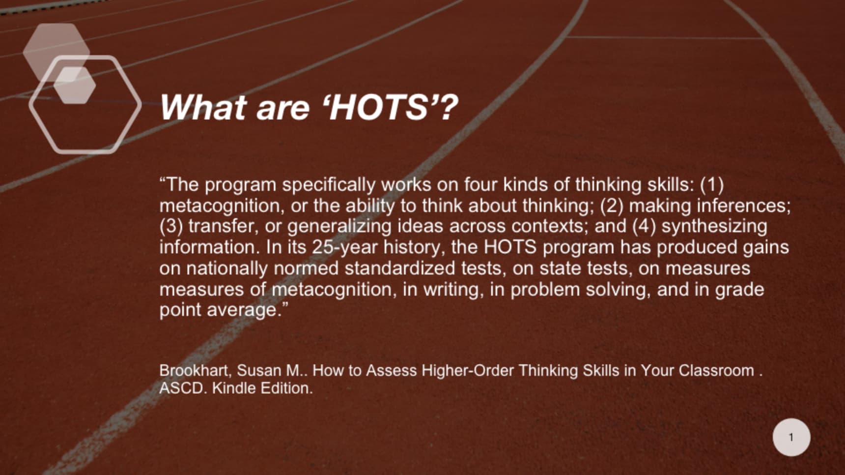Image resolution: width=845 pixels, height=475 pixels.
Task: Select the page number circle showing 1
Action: pyautogui.click(x=791, y=437)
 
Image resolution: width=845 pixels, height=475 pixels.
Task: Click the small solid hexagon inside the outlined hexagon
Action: pyautogui.click(x=75, y=85)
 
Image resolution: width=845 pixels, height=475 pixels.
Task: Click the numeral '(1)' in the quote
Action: pyautogui.click(x=712, y=185)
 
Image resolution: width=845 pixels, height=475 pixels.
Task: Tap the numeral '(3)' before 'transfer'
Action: pyautogui.click(x=171, y=227)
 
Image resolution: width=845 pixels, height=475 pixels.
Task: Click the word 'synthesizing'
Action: pyautogui.click(x=714, y=227)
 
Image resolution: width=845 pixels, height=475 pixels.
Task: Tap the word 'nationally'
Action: pyautogui.click(x=227, y=268)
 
